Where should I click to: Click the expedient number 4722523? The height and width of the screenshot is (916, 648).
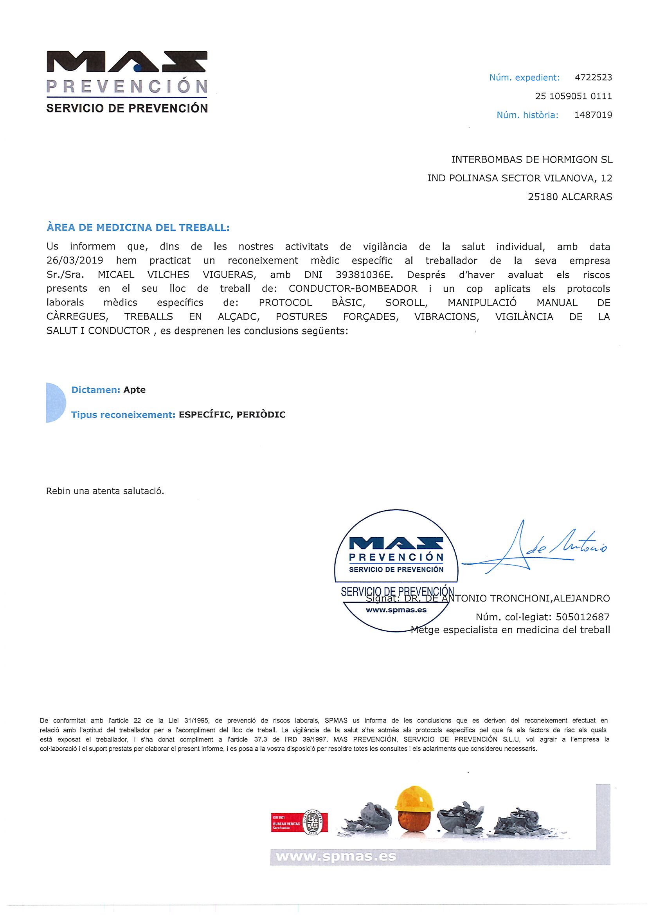tap(593, 78)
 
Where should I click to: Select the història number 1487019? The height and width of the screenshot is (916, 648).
tap(593, 115)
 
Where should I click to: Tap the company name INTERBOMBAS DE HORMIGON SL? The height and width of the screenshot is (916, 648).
tap(531, 160)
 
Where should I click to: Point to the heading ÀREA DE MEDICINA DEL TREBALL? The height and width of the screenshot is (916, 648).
tap(138, 228)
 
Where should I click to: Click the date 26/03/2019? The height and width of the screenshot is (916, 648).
tap(75, 261)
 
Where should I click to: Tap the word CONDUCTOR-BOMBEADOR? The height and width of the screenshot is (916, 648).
tap(353, 289)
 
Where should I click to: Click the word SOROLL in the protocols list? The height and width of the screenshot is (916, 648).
tap(406, 303)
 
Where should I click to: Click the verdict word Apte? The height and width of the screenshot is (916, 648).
tap(135, 390)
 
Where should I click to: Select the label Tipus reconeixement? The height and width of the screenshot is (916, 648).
tap(123, 414)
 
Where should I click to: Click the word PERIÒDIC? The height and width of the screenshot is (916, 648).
tap(261, 414)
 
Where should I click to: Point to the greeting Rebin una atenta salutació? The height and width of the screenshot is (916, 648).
tap(105, 491)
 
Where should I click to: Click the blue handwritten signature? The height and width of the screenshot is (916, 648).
tap(535, 547)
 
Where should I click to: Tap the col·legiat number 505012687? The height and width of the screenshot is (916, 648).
tap(583, 617)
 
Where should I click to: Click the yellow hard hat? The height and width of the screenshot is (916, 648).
tap(414, 799)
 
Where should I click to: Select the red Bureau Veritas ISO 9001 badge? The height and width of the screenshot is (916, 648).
tap(299, 822)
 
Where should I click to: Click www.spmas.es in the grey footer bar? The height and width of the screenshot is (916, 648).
tap(336, 856)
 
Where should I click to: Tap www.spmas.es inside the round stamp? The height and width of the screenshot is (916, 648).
tap(396, 610)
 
